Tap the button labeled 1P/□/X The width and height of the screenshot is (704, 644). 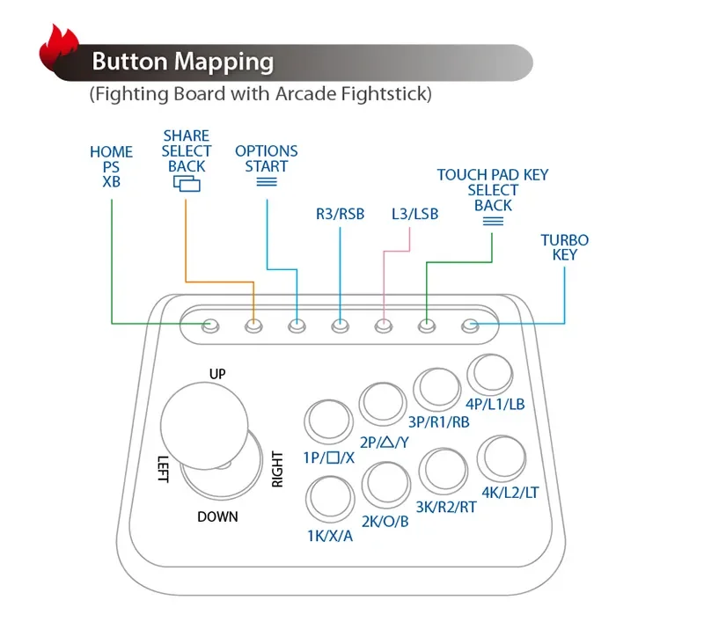click(x=327, y=421)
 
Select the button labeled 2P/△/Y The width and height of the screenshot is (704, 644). click(x=384, y=405)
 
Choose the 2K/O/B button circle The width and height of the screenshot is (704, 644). click(x=387, y=483)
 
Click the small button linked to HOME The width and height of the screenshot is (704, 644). click(x=209, y=326)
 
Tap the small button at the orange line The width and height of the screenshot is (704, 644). click(x=253, y=326)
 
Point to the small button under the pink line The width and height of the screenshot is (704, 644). click(x=383, y=326)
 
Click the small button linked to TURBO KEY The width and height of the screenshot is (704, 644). click(x=470, y=326)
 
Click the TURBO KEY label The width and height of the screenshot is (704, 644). click(x=564, y=247)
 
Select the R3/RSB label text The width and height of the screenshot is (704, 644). click(x=340, y=214)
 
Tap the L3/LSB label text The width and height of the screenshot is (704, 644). click(x=414, y=214)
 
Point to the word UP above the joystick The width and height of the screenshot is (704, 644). click(x=217, y=374)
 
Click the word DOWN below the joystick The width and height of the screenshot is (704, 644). click(x=217, y=516)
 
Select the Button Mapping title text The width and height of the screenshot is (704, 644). click(x=183, y=62)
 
